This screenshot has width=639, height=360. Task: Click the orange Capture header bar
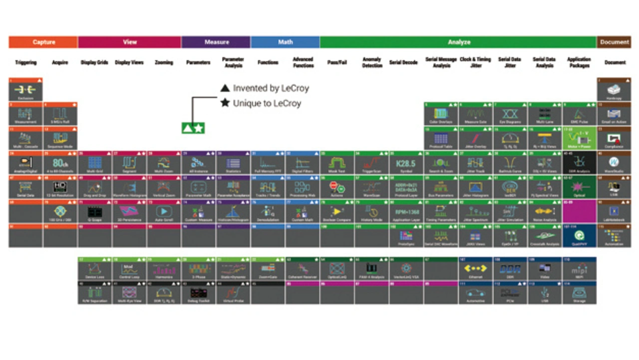[43, 42]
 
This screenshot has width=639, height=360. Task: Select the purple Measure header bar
[216, 42]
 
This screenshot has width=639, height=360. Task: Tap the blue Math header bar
[285, 42]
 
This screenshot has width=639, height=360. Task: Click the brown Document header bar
[614, 42]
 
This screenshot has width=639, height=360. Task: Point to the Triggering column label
[25, 62]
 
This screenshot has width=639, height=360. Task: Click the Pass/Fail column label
[337, 62]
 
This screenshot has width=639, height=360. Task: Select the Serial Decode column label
[403, 62]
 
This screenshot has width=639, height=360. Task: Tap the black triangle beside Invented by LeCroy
[225, 88]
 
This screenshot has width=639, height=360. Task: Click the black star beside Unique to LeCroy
[225, 103]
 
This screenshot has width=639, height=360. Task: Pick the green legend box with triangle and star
[193, 128]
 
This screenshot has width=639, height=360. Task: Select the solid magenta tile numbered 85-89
[579, 212]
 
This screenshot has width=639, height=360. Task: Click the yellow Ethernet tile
[476, 270]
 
